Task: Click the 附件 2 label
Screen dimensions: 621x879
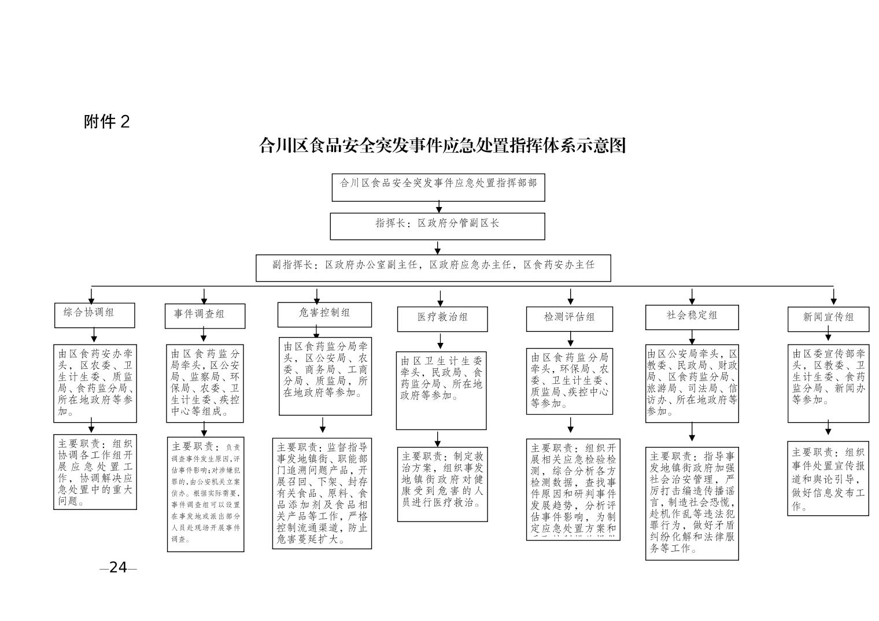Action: (x=107, y=121)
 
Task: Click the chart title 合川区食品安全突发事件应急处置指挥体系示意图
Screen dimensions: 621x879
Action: (x=442, y=145)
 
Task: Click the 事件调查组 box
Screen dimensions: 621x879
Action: (x=204, y=316)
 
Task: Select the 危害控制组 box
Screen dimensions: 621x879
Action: (x=324, y=314)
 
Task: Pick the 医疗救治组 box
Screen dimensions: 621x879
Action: (x=442, y=319)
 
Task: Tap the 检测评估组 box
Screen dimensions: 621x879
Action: (x=569, y=319)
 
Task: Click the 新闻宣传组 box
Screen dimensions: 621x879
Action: (x=828, y=319)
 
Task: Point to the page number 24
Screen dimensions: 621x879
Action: (x=118, y=567)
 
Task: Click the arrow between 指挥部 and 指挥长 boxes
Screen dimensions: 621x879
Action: (x=439, y=207)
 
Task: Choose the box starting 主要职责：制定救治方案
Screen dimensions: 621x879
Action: (x=442, y=484)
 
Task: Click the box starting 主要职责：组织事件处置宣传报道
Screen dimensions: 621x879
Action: (x=828, y=478)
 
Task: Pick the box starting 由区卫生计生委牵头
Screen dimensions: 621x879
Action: (x=441, y=390)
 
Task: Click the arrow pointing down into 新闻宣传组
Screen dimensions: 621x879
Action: (x=833, y=297)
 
